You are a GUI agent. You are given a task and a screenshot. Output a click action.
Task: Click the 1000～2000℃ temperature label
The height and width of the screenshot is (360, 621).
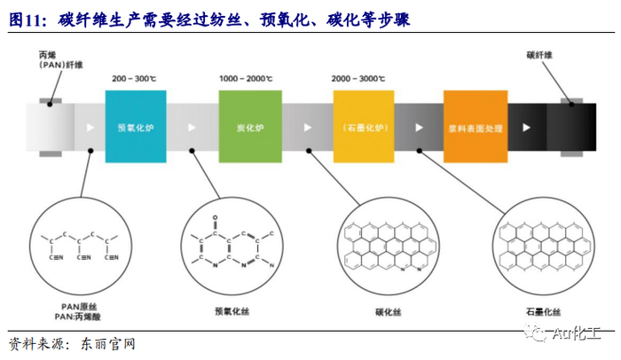(x=244, y=79)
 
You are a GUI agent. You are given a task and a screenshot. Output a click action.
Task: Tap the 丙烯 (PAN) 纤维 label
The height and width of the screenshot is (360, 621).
(x=59, y=60)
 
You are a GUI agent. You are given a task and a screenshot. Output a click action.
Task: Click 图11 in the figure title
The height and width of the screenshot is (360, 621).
(x=25, y=19)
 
